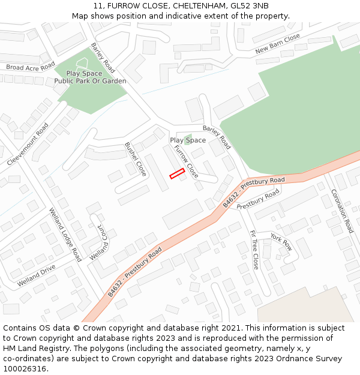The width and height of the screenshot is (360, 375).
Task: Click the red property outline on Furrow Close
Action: pyautogui.click(x=176, y=174)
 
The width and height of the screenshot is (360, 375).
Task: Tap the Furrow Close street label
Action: pyautogui.click(x=186, y=161)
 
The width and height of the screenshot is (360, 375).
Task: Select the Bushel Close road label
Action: pyautogui.click(x=136, y=159)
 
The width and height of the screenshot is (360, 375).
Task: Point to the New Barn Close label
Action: pyautogui.click(x=277, y=43)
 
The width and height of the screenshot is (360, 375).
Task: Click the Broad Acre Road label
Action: pyautogui.click(x=30, y=67)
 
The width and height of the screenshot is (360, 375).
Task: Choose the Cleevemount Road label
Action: pyautogui.click(x=28, y=145)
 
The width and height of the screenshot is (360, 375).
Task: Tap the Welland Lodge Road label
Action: pyautogui.click(x=65, y=234)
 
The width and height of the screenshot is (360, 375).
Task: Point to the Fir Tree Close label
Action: pyautogui.click(x=254, y=249)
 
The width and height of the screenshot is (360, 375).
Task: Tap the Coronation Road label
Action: pyautogui.click(x=342, y=211)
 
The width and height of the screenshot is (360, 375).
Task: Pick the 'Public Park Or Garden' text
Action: pyautogui.click(x=90, y=81)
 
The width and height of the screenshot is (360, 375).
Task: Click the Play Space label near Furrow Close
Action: pyautogui.click(x=188, y=140)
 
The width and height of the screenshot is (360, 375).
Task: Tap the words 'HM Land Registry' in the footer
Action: pyautogui.click(x=30, y=348)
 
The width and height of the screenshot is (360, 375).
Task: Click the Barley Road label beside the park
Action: pyautogui.click(x=103, y=58)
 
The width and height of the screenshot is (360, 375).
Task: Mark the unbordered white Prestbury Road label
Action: pyautogui.click(x=258, y=200)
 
